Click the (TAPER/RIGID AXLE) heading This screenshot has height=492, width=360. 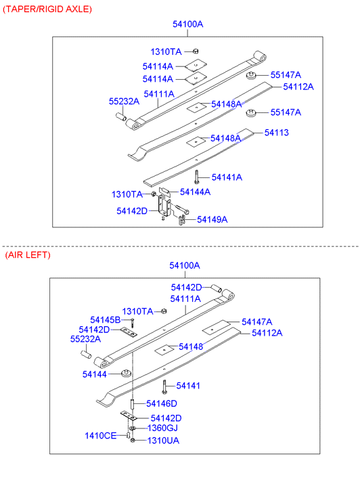point(47,9)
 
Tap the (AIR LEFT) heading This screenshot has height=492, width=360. point(28,254)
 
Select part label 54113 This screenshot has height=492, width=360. point(277,133)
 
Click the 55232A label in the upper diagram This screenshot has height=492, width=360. point(124,102)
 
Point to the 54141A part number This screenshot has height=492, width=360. point(227,177)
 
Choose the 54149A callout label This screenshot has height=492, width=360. point(212,219)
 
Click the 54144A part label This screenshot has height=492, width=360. point(195,192)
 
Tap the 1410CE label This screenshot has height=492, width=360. point(100,436)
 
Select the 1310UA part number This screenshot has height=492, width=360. point(163,441)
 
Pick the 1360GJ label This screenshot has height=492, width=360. point(162,428)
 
